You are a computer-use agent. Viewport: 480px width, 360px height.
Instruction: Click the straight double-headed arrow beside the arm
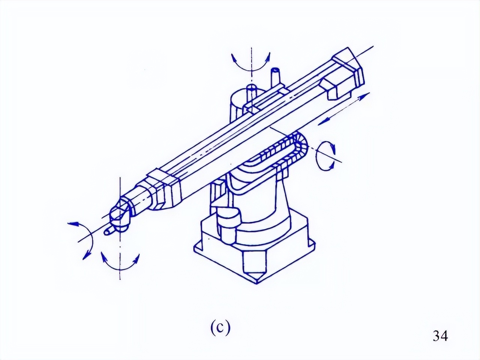(x=344, y=109)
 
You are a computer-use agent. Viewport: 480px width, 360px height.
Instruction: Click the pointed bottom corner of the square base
(x=256, y=283)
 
